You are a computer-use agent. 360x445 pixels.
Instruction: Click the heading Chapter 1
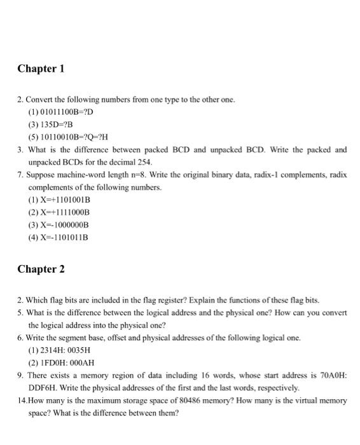(41, 68)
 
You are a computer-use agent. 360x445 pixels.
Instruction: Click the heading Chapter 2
(41, 269)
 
